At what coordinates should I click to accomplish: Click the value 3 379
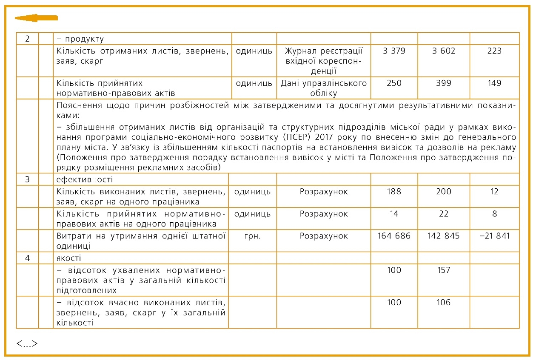click(x=394, y=51)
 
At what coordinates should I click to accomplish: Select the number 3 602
click(x=444, y=51)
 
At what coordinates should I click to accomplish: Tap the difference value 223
click(x=494, y=51)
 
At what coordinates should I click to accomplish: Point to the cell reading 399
click(x=444, y=83)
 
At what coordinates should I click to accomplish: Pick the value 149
click(x=494, y=83)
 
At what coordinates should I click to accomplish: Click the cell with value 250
click(x=394, y=83)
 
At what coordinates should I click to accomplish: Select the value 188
click(x=394, y=192)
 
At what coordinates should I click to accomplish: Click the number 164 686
click(x=394, y=236)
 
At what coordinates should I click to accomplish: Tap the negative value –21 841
click(x=494, y=236)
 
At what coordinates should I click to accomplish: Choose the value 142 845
click(x=444, y=236)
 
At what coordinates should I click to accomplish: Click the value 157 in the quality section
click(x=444, y=270)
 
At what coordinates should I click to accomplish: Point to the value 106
click(x=444, y=303)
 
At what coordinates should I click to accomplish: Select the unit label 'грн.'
click(x=252, y=236)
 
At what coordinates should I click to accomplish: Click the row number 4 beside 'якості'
click(x=27, y=258)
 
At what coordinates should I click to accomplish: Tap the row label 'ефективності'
click(x=85, y=179)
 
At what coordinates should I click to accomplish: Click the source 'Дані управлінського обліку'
click(x=324, y=88)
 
